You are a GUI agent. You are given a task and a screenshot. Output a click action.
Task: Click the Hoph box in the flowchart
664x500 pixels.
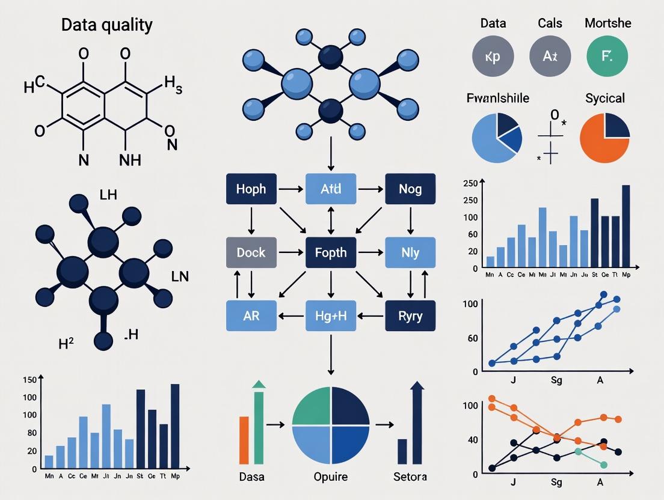pos(251,189)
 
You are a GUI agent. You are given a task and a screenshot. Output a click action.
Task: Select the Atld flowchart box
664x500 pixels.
pos(331,189)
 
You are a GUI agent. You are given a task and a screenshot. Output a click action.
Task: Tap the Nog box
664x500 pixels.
pos(410,189)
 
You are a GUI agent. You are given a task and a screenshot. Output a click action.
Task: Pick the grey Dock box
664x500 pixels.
pos(251,252)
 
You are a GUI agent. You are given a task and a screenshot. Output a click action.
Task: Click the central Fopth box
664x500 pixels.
pos(331,252)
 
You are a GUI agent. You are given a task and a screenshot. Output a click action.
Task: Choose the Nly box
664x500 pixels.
pos(410,252)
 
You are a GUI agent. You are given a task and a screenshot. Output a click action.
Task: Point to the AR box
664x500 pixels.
pos(251,316)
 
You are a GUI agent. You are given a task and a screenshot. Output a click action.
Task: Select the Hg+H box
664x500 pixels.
pos(331,316)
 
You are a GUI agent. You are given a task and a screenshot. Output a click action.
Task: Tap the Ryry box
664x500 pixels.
pos(410,316)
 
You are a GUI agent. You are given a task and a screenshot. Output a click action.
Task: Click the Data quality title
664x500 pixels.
pos(107,25)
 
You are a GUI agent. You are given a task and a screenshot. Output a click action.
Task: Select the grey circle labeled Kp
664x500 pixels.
pos(493,56)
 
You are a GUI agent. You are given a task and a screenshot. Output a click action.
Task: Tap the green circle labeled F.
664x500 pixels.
pos(607,56)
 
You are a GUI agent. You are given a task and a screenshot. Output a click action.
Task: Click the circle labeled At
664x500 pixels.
pos(550,56)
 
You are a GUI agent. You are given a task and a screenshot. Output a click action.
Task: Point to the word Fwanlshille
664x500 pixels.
pos(497,98)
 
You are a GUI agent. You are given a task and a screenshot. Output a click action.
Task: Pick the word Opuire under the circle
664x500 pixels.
pos(330,477)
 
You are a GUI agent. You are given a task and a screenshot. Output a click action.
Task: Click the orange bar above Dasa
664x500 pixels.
pos(244,440)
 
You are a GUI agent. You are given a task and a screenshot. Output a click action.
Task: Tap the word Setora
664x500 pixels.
pos(410,477)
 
